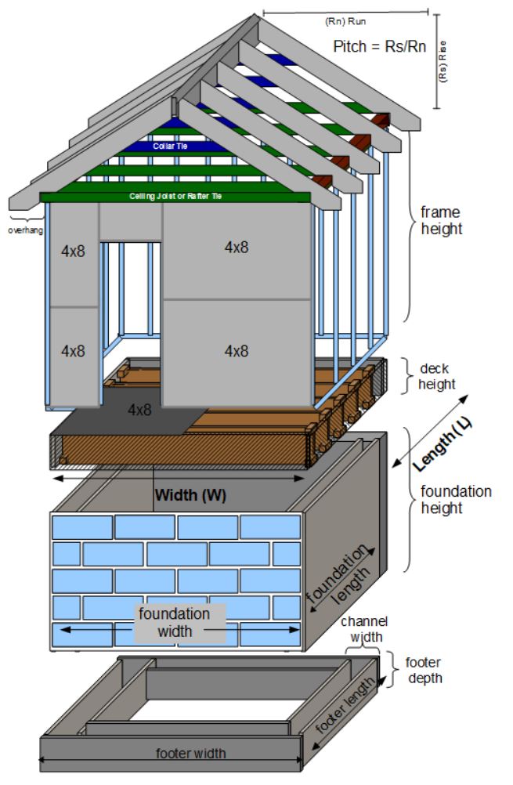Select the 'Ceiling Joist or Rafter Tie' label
pyautogui.click(x=175, y=196)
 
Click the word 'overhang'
pyautogui.click(x=25, y=231)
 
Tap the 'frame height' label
pyautogui.click(x=441, y=220)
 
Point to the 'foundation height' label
pyautogui.click(x=456, y=500)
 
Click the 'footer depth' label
pyautogui.click(x=423, y=670)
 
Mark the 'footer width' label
pyautogui.click(x=190, y=753)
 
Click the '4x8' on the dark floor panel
pyautogui.click(x=141, y=409)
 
